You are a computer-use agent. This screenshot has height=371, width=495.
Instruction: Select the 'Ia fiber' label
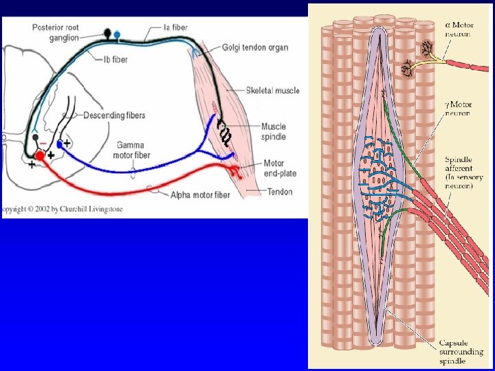[175, 27]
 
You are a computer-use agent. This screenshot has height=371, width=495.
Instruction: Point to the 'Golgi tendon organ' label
[254, 47]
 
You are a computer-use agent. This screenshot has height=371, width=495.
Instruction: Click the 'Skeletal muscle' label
[272, 90]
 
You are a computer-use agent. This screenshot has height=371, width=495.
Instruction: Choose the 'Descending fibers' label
[115, 115]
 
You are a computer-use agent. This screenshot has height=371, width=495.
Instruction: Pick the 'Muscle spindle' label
[273, 131]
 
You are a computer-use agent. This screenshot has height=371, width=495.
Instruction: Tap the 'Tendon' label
[278, 192]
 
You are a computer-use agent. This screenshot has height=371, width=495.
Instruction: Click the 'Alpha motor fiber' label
[200, 195]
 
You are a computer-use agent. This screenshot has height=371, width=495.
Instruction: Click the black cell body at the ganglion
[107, 32]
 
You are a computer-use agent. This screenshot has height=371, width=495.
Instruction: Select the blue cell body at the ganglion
[117, 33]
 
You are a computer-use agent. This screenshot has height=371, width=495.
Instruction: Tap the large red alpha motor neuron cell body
[40, 156]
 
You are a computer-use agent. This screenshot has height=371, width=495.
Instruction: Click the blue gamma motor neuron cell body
[60, 144]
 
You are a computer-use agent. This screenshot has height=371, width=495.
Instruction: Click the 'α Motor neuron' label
[459, 29]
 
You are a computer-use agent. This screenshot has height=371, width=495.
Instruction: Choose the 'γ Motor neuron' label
[458, 107]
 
